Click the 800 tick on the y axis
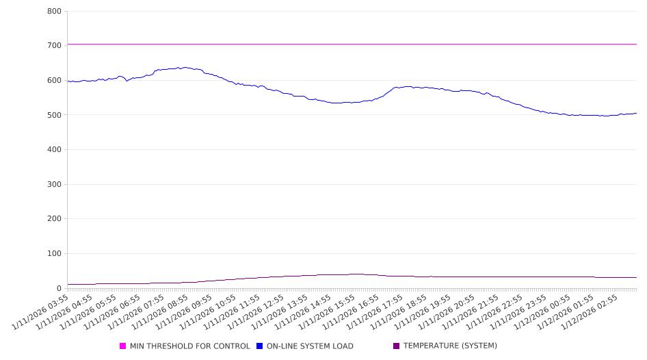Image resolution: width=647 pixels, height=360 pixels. [x=55, y=12]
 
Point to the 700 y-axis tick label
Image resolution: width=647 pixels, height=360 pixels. [x=55, y=46]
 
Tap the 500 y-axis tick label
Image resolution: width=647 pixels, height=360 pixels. [x=55, y=115]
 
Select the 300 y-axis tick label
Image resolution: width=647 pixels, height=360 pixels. [x=55, y=185]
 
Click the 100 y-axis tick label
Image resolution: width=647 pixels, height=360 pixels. [x=55, y=254]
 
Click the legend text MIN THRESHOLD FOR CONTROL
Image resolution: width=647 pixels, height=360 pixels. [x=189, y=346]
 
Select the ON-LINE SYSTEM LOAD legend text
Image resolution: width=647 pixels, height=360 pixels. [x=310, y=346]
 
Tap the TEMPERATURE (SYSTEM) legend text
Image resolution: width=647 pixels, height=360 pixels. [x=450, y=346]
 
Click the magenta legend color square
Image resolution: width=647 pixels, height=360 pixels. [x=123, y=346]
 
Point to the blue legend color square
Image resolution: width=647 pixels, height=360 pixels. [x=260, y=346]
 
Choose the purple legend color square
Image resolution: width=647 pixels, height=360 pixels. [x=397, y=346]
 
